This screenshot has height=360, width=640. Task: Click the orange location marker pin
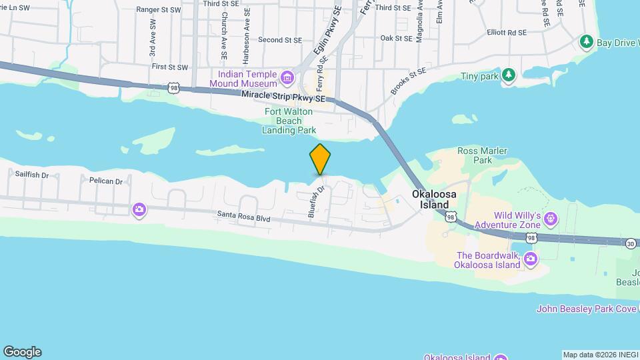[320, 159]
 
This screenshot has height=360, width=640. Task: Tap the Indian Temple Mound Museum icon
[287, 78]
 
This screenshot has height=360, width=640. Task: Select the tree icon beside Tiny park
[509, 75]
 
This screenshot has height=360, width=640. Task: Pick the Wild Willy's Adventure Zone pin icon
[551, 218]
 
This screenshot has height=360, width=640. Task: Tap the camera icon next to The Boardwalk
[531, 259]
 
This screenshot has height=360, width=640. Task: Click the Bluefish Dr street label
[316, 201]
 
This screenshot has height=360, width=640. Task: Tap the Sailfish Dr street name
[32, 174]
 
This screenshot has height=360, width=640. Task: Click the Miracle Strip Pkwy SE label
[283, 97]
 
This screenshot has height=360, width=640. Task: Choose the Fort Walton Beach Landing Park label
[290, 121]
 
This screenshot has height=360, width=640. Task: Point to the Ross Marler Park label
[475, 155]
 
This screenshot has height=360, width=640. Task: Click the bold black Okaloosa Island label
[434, 199]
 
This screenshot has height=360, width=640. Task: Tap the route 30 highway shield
[631, 244]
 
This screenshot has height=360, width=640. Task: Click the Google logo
[22, 352]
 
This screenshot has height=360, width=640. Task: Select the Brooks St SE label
[408, 81]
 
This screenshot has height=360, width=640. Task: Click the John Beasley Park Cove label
[587, 309]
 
